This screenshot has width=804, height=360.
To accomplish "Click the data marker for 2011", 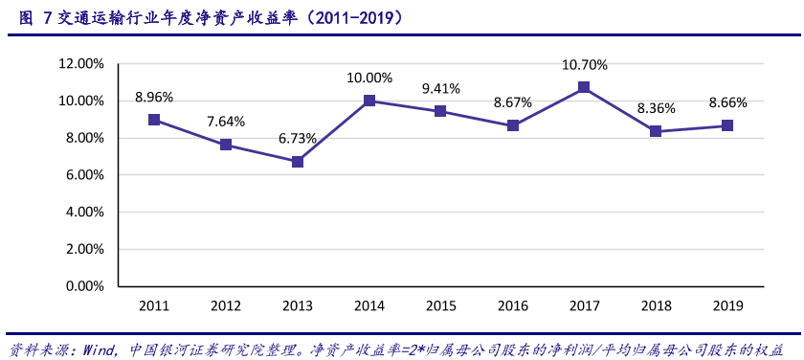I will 154,120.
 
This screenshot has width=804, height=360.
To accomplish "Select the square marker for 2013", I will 298,162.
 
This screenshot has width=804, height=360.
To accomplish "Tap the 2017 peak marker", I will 584,87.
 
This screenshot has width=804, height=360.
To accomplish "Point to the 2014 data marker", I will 369,101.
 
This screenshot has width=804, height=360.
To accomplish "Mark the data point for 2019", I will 727,125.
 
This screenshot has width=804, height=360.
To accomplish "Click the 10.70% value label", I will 584,65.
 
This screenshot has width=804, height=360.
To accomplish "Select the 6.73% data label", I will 298,139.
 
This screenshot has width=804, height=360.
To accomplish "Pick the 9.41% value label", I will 441,88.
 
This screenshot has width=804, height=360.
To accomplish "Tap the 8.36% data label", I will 656,108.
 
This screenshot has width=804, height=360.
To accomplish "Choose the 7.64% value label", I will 226,122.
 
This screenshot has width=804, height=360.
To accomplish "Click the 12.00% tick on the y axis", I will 81,63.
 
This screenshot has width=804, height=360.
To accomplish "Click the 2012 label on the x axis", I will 226,305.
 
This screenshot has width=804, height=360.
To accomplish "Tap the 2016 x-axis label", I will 513,305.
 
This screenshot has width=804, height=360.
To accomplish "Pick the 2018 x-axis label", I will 656,305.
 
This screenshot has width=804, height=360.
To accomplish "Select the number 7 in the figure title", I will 47,17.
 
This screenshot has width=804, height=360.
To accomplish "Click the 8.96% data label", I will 154,97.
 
